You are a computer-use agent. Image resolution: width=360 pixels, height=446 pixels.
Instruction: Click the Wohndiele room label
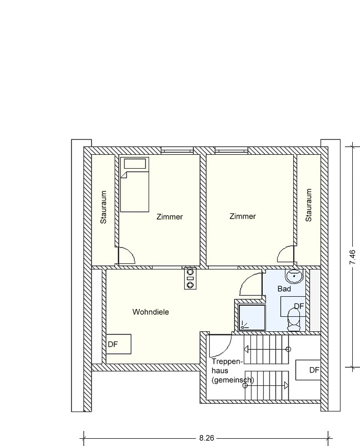click(x=150, y=312)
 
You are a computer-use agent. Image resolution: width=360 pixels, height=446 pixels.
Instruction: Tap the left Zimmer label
click(x=170, y=217)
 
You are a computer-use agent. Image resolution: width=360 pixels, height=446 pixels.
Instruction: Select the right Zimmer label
click(x=243, y=216)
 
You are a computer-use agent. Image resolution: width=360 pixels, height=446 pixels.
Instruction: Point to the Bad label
click(x=284, y=289)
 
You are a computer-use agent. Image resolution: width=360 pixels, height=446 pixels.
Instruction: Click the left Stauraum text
click(x=103, y=207)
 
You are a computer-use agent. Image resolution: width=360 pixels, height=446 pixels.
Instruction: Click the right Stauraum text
click(x=309, y=205)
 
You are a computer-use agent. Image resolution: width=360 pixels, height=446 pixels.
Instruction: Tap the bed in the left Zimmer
click(x=135, y=184)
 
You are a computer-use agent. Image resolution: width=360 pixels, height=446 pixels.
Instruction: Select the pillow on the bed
click(x=135, y=164)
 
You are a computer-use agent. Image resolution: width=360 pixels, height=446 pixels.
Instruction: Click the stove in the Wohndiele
click(x=190, y=278)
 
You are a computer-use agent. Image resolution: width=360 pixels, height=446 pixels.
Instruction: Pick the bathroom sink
click(x=294, y=276)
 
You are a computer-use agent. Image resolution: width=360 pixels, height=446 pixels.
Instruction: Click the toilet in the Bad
click(x=294, y=320)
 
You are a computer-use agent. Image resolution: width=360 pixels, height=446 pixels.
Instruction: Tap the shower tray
click(x=252, y=318)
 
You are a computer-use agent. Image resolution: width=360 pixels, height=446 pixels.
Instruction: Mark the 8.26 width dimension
click(x=207, y=438)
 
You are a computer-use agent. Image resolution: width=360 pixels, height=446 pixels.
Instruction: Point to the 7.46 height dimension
click(x=353, y=257)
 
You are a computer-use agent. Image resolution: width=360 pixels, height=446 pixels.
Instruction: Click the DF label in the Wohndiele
click(x=113, y=344)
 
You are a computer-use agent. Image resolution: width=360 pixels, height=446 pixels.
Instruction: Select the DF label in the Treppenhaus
click(x=315, y=370)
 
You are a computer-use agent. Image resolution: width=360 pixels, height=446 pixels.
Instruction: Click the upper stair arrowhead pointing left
click(x=246, y=349)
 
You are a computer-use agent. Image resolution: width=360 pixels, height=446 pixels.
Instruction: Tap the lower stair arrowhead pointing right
click(x=286, y=385)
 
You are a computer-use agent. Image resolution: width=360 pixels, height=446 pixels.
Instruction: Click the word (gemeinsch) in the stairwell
click(x=232, y=380)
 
